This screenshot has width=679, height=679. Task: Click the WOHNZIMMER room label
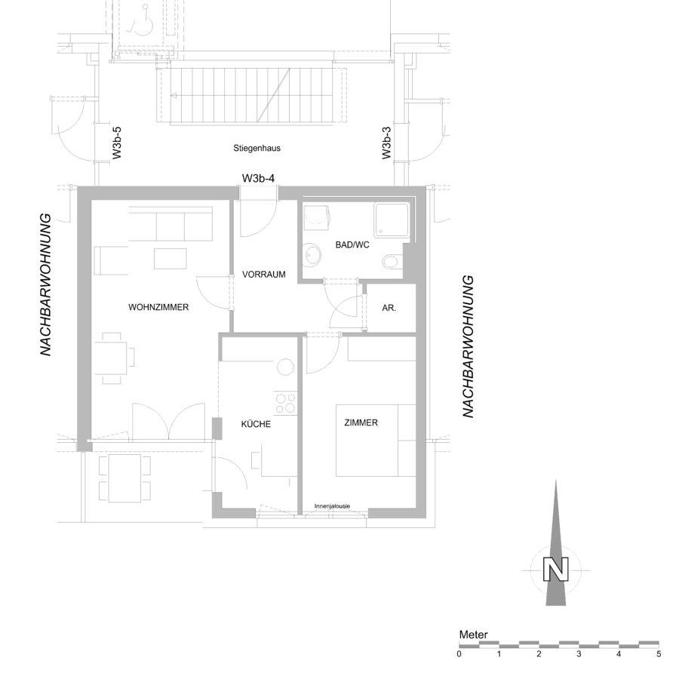[x=158, y=308]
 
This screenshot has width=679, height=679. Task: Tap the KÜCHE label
[x=256, y=424]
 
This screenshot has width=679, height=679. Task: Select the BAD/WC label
[x=352, y=245]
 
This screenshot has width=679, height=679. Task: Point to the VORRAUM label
[x=264, y=275]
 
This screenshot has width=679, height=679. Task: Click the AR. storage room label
[x=389, y=309]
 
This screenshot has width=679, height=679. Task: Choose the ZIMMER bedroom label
[x=361, y=422]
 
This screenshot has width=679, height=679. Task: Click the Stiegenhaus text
[x=257, y=148]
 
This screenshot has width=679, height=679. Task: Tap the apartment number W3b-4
[x=258, y=178]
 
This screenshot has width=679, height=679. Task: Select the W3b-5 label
[x=116, y=143]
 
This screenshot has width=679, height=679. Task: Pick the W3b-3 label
[x=386, y=143]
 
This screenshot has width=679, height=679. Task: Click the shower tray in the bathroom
[x=392, y=220]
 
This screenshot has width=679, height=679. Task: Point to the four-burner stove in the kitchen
[x=285, y=403]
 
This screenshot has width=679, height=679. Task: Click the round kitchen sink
[x=286, y=367]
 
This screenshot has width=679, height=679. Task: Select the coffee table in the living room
[x=171, y=259]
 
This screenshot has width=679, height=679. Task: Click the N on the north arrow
[x=555, y=570]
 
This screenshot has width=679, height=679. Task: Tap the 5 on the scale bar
[x=659, y=654]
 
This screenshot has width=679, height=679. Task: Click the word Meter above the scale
[x=473, y=634]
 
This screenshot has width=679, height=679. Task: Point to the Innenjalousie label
[x=332, y=505]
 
